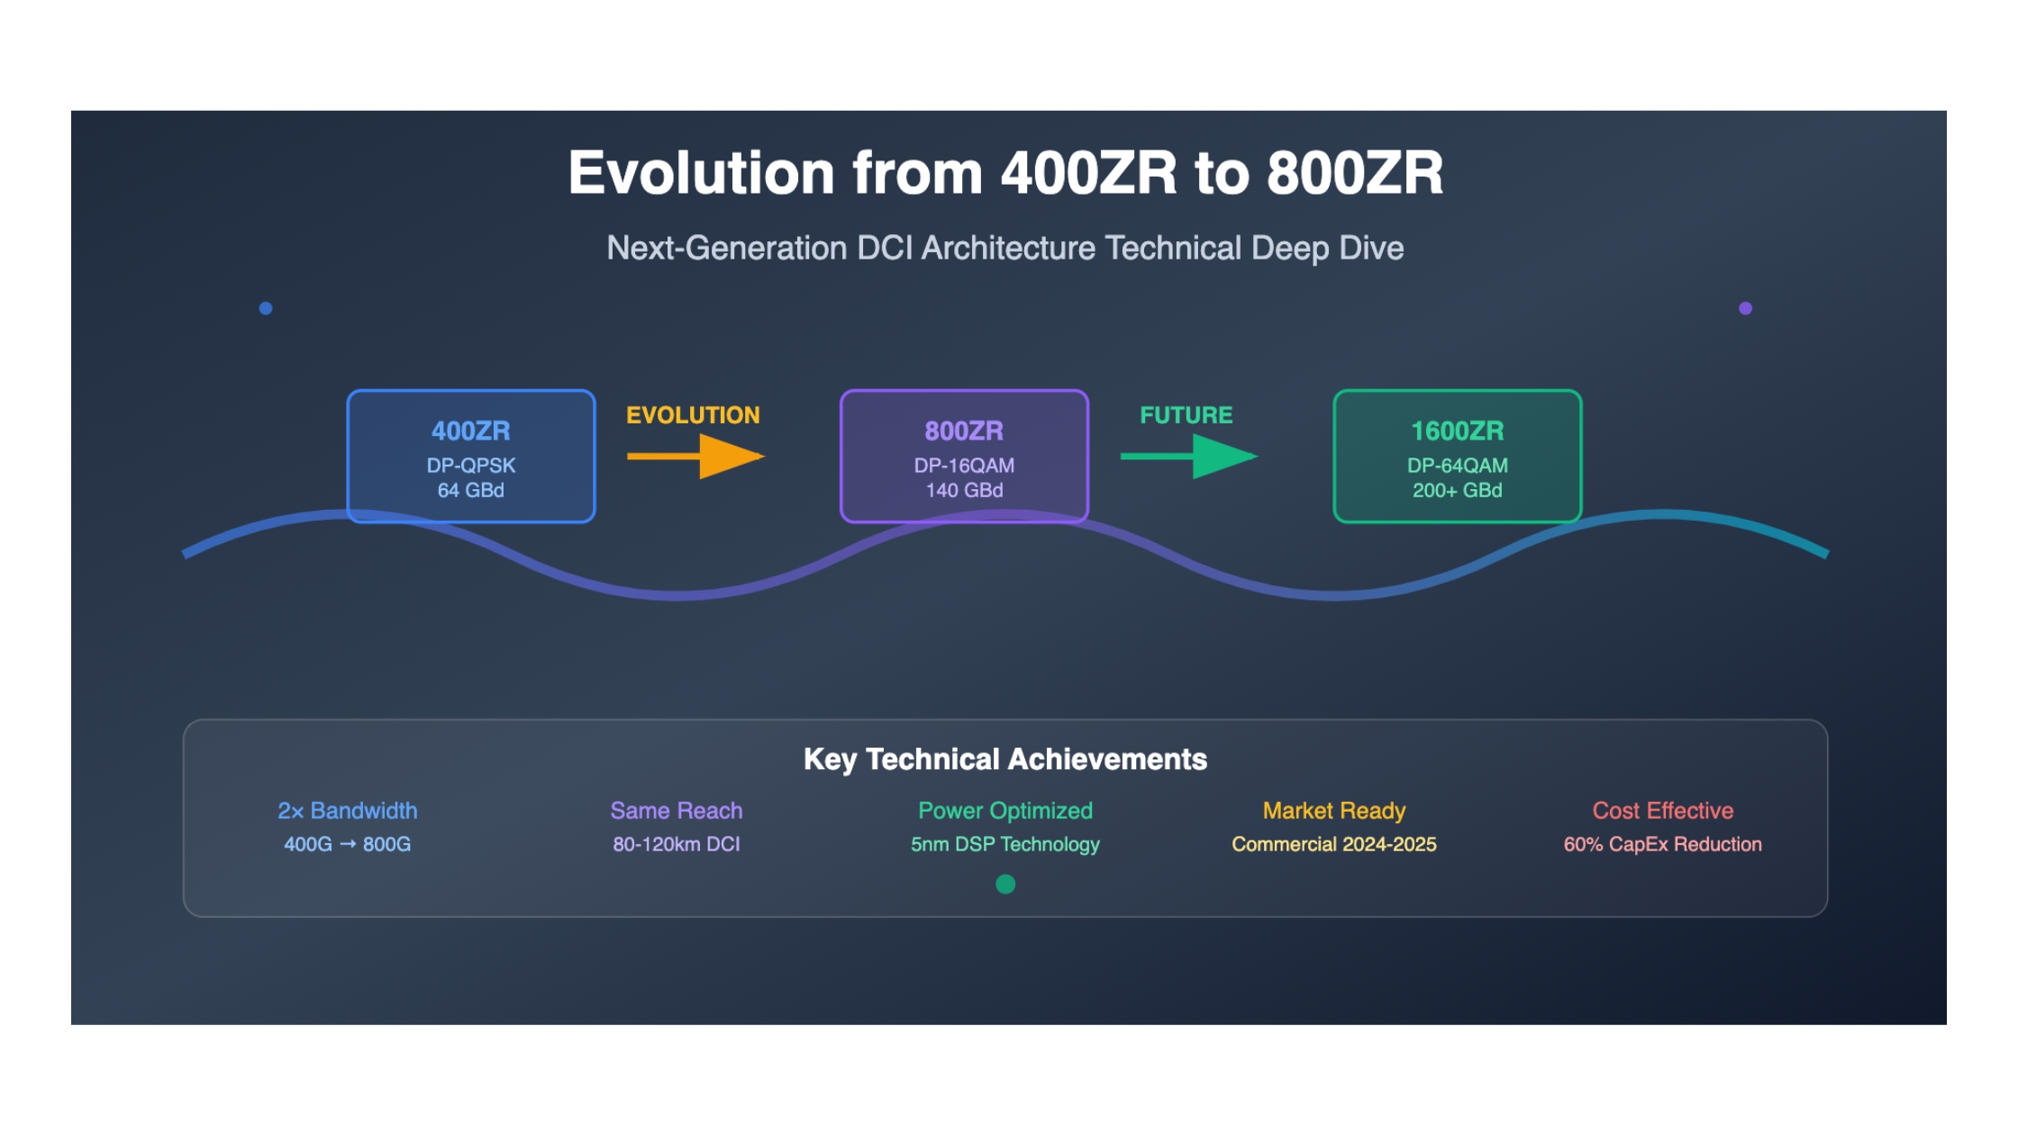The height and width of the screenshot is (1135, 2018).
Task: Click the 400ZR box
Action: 471,456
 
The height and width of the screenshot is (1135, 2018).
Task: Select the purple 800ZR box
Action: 964,456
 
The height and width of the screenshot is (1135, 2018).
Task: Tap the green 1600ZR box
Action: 1458,456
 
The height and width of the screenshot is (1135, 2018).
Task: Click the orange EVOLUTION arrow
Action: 695,456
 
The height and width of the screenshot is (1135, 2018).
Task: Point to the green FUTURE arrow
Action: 1189,456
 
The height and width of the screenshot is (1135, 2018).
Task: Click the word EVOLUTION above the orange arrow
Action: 693,415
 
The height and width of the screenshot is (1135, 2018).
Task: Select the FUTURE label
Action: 1186,415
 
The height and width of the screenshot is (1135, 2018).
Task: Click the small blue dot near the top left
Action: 266,308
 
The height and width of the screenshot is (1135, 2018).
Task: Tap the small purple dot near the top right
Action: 1745,308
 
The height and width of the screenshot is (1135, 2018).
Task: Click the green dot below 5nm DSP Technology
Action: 1005,885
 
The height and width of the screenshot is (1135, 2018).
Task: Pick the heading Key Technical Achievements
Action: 1005,759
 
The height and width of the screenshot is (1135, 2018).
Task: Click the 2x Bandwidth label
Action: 348,811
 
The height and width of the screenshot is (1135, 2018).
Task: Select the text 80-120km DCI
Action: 677,844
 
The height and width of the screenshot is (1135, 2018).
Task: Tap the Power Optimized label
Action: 1005,811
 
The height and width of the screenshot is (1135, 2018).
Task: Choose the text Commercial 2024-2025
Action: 1334,844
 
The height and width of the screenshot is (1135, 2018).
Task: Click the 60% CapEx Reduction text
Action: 1663,844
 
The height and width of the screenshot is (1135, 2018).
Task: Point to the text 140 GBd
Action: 964,490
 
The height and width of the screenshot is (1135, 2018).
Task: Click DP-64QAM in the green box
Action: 1458,466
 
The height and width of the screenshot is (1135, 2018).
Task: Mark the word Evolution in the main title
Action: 702,172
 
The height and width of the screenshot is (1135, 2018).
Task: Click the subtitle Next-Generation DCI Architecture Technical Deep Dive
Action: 1005,248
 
